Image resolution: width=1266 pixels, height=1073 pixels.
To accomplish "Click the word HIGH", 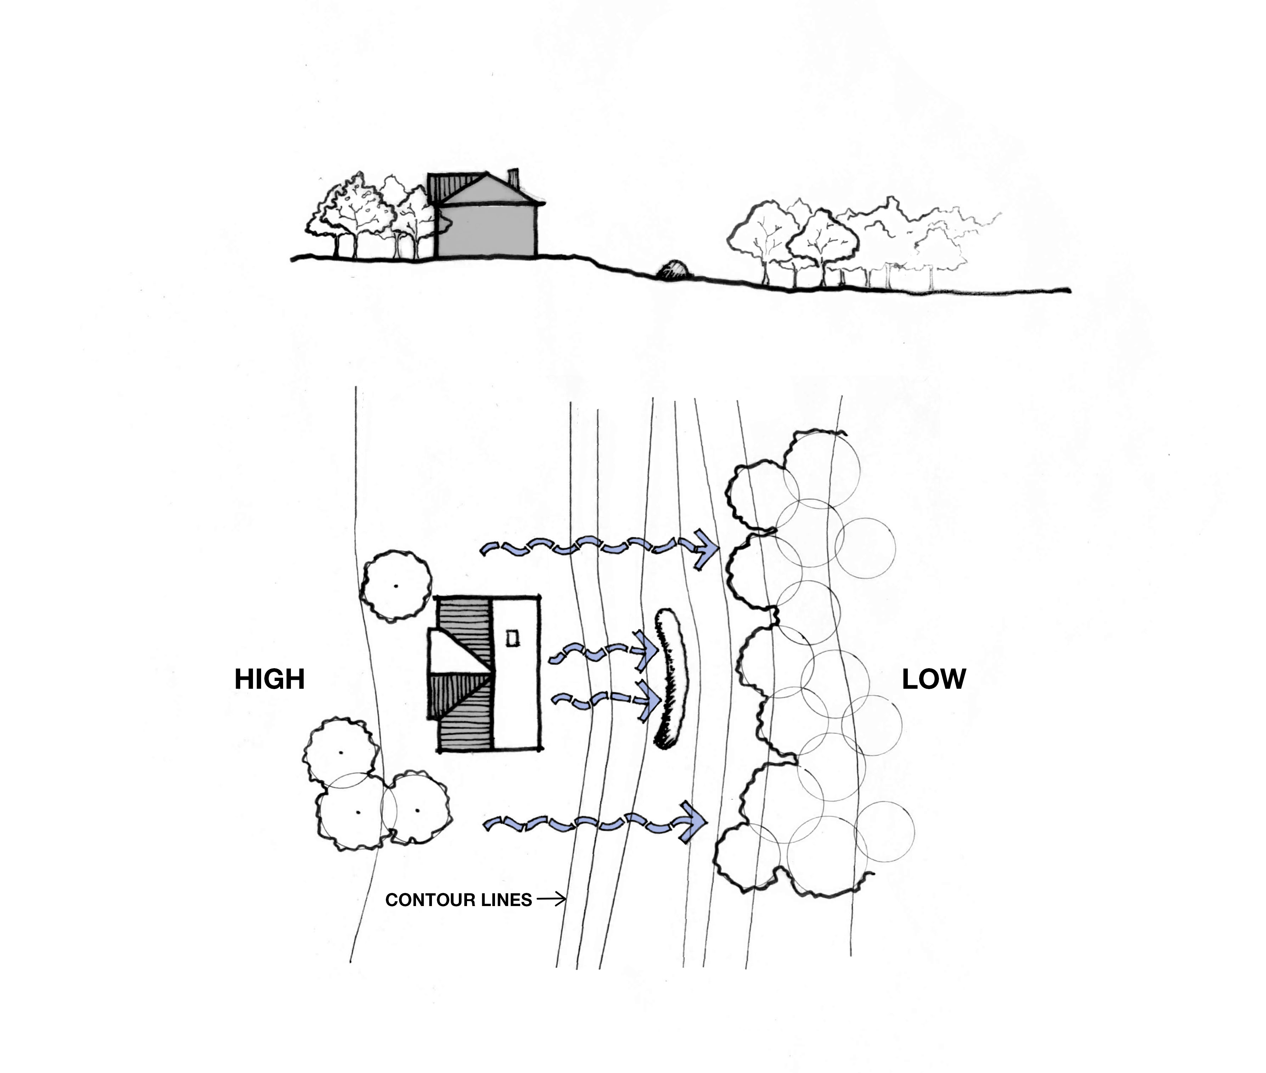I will pyautogui.click(x=269, y=680).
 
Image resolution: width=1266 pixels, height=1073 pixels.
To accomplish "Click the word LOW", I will pyautogui.click(x=933, y=680).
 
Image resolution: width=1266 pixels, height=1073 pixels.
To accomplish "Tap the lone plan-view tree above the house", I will pyautogui.click(x=396, y=586).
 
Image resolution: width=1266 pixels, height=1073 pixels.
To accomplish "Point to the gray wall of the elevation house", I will pyautogui.click(x=486, y=231).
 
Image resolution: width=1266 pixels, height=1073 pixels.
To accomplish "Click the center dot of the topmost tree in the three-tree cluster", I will pyautogui.click(x=341, y=753).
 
